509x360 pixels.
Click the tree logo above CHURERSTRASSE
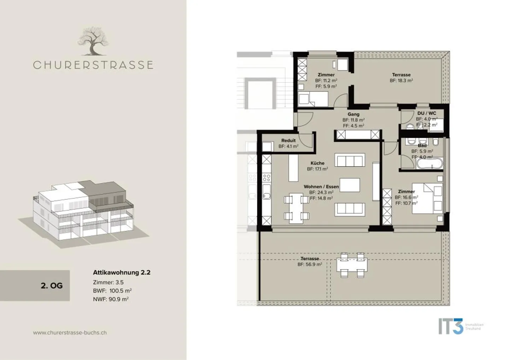93,42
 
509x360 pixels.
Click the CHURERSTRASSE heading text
93,65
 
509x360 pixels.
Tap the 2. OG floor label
52,286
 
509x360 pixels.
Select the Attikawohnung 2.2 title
122,273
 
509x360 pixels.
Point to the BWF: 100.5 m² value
112,291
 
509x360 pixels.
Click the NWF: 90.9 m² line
111,299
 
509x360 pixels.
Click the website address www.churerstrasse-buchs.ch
70,332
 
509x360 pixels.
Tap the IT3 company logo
451,326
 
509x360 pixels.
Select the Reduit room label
288,141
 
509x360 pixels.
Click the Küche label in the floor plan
317,163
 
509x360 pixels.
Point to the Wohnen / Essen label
321,187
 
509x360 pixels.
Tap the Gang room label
353,114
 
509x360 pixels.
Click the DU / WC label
427,114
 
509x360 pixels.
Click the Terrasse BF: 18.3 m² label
401,77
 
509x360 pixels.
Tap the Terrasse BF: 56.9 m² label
310,261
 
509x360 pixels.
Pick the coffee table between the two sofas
350,185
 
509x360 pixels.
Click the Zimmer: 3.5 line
108,282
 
